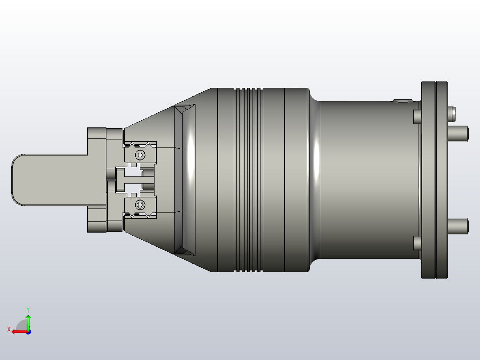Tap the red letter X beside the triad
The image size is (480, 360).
[x=9, y=329]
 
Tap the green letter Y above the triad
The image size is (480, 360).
[x=28, y=309]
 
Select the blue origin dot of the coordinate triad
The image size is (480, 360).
[x=28, y=331]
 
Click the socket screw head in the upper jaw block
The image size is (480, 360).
[x=140, y=155]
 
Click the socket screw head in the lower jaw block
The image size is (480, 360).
[x=140, y=205]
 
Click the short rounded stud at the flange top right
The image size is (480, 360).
[x=452, y=113]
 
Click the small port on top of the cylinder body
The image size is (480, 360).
[x=402, y=101]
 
